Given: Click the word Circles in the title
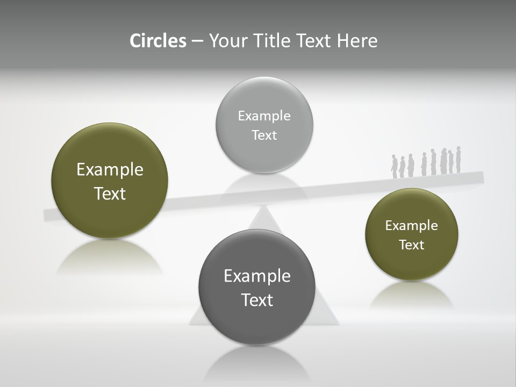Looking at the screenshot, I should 157,41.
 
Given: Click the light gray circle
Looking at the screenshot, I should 264,125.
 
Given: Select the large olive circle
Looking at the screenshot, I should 110,181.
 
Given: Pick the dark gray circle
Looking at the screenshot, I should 257,287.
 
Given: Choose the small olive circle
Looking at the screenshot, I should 412,234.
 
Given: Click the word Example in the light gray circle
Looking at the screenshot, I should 264,116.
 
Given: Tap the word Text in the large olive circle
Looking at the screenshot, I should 110,193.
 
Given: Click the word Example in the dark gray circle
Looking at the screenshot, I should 257,276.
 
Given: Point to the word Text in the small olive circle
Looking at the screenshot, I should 412,245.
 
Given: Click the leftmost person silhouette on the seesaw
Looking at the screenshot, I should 394,167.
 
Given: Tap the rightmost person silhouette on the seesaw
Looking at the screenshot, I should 458,160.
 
